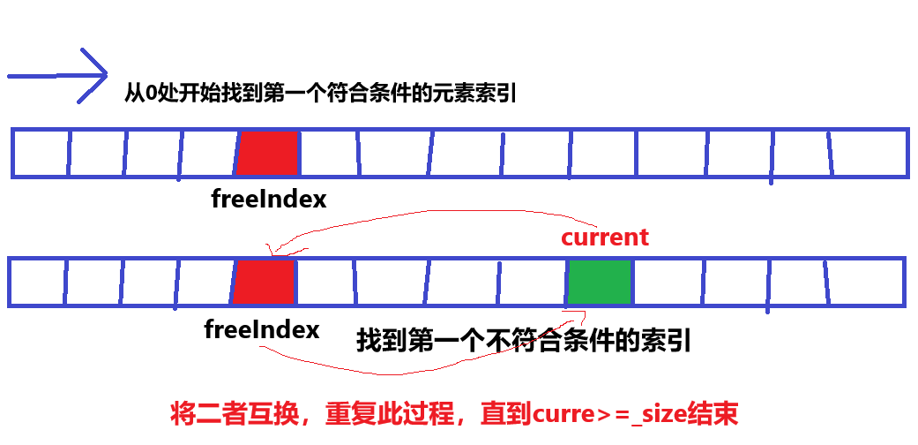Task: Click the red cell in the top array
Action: (267, 154)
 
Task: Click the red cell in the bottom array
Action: (264, 283)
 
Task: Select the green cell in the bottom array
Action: (600, 283)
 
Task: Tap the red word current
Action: (605, 238)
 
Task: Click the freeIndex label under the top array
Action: (269, 200)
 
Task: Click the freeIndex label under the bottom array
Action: (261, 330)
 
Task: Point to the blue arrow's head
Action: (92, 75)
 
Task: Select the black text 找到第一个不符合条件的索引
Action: (523, 341)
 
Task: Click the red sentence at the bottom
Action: (453, 413)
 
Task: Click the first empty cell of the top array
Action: (41, 154)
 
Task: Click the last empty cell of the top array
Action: (869, 154)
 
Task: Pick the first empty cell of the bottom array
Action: (36, 283)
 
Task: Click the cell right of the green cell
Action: (666, 283)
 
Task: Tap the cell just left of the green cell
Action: (532, 283)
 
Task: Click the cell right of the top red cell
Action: (329, 154)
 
